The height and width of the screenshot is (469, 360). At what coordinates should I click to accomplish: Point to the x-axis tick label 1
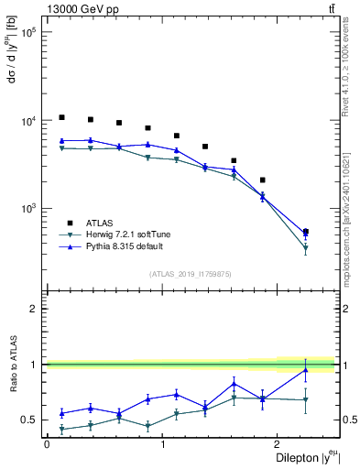[162, 444]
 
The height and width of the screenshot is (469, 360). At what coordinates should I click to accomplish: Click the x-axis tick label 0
[46, 444]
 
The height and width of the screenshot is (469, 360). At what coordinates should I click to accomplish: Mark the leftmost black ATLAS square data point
[61, 117]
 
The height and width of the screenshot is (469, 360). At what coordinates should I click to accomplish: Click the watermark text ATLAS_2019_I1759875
[191, 273]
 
